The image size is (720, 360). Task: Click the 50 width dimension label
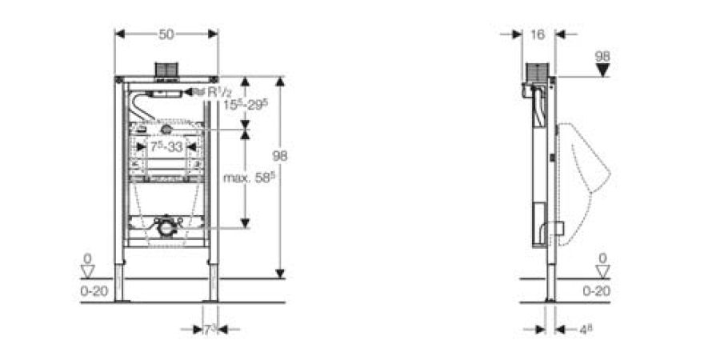click(166, 34)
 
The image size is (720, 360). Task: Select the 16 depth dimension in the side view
click(537, 34)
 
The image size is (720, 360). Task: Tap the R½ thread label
click(209, 93)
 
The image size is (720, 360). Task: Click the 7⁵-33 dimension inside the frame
click(166, 147)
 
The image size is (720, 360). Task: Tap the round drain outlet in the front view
click(166, 228)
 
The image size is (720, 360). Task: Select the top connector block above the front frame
click(166, 70)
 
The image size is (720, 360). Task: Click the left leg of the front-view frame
click(120, 272)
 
